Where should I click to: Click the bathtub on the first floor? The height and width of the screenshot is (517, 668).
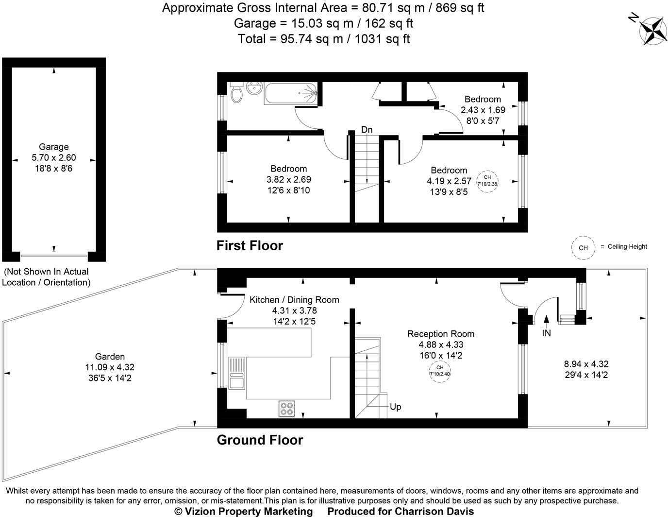tap(290, 93)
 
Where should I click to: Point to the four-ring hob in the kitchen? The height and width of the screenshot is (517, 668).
tap(286, 409)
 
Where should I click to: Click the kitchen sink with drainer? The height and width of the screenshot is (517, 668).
tap(237, 373)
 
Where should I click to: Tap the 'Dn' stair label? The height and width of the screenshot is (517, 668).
tap(367, 130)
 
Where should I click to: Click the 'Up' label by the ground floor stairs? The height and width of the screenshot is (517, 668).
tap(395, 407)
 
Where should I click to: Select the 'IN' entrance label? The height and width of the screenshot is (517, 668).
tap(546, 333)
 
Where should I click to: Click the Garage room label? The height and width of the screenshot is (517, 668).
tap(53, 147)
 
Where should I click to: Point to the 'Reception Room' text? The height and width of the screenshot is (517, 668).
tap(440, 334)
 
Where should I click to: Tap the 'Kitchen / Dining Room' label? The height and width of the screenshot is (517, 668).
tap(294, 299)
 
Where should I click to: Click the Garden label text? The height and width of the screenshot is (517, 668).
tap(110, 357)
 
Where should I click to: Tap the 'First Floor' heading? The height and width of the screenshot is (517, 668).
tap(250, 246)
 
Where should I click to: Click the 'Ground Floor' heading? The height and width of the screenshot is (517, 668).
tap(260, 440)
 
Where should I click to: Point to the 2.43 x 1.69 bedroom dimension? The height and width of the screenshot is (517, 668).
tap(483, 110)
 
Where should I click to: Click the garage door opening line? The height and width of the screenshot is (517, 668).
tap(54, 256)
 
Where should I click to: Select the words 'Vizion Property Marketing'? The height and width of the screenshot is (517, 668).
tap(249, 511)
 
